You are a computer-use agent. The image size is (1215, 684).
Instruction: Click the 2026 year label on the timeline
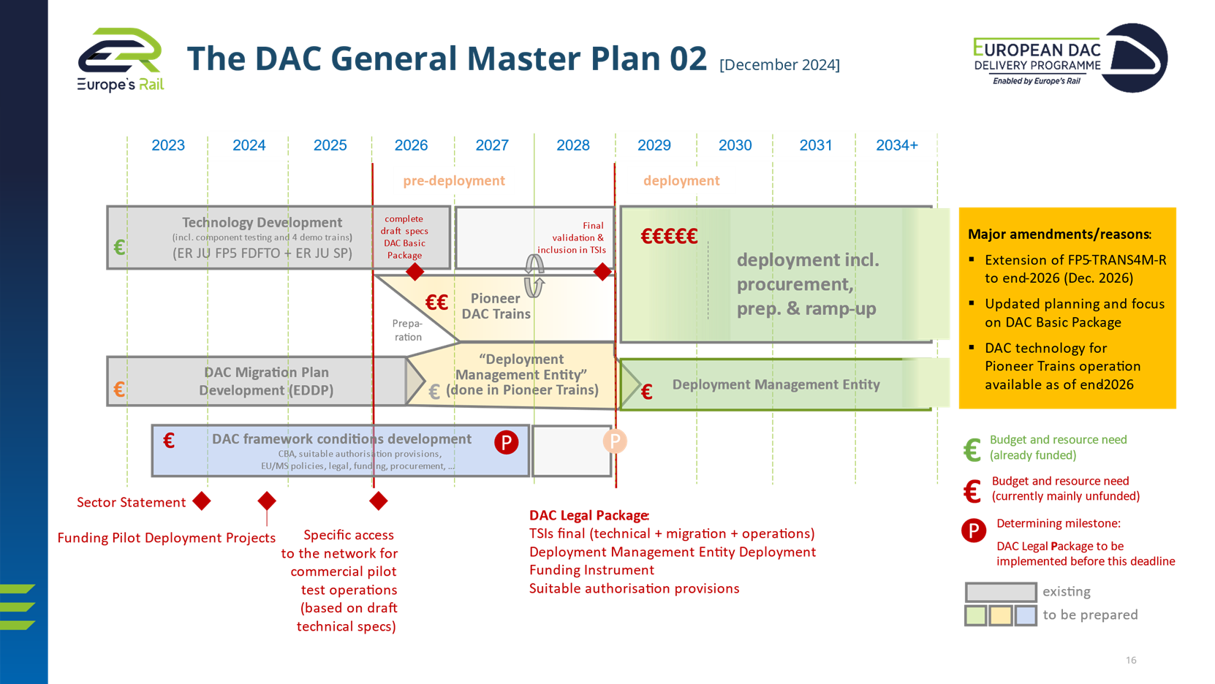click(411, 145)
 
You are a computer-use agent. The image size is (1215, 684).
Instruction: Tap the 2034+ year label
click(896, 145)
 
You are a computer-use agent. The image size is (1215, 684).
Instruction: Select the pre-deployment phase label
click(454, 180)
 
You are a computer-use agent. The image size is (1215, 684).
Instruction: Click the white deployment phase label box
click(681, 180)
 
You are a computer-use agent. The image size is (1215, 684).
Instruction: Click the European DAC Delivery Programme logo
click(1069, 58)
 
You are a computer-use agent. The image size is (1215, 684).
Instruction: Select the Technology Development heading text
click(262, 222)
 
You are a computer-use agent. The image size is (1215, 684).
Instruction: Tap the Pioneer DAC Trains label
click(496, 306)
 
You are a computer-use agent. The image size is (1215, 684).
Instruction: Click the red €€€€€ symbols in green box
click(669, 236)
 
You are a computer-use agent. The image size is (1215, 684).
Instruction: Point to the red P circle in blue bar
click(506, 442)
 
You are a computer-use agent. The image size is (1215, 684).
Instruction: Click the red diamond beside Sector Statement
click(202, 501)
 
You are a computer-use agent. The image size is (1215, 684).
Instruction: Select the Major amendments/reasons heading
click(1059, 235)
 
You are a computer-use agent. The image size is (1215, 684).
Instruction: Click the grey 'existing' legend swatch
click(1000, 592)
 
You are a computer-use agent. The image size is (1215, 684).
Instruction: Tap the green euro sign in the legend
click(972, 449)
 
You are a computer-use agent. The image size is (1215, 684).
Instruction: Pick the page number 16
click(1131, 661)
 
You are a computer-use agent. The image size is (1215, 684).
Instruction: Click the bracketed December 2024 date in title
click(779, 65)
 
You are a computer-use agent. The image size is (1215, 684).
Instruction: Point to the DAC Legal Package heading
click(589, 516)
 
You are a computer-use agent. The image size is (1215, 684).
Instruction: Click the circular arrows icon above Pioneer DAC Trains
click(534, 275)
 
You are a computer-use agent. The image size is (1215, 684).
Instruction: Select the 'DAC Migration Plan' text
click(266, 373)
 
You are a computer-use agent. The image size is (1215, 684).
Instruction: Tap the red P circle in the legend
click(974, 531)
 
